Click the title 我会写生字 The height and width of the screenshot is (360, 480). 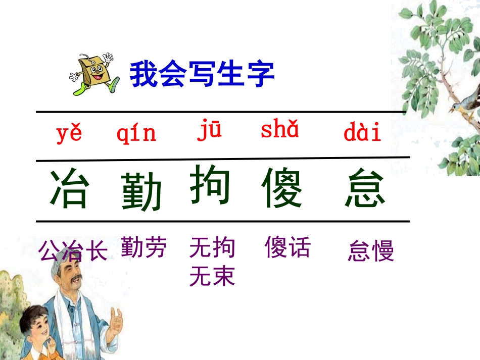pyautogui.click(x=202, y=75)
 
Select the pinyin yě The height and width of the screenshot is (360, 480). pyautogui.click(x=69, y=134)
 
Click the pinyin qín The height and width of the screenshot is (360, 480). pyautogui.click(x=136, y=134)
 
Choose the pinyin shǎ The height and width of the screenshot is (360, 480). pyautogui.click(x=279, y=130)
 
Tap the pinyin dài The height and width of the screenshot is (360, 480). pyautogui.click(x=362, y=133)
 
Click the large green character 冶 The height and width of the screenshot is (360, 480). pyautogui.click(x=70, y=189)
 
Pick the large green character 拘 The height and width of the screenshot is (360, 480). pyautogui.click(x=210, y=185)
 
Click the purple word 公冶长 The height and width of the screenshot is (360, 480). pyautogui.click(x=73, y=251)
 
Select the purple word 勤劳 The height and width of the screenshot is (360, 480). pyautogui.click(x=143, y=247)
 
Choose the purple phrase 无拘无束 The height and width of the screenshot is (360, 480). pyautogui.click(x=212, y=262)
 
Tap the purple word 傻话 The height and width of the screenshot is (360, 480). pyautogui.click(x=287, y=247)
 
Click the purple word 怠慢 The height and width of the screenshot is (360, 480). pyautogui.click(x=370, y=251)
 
